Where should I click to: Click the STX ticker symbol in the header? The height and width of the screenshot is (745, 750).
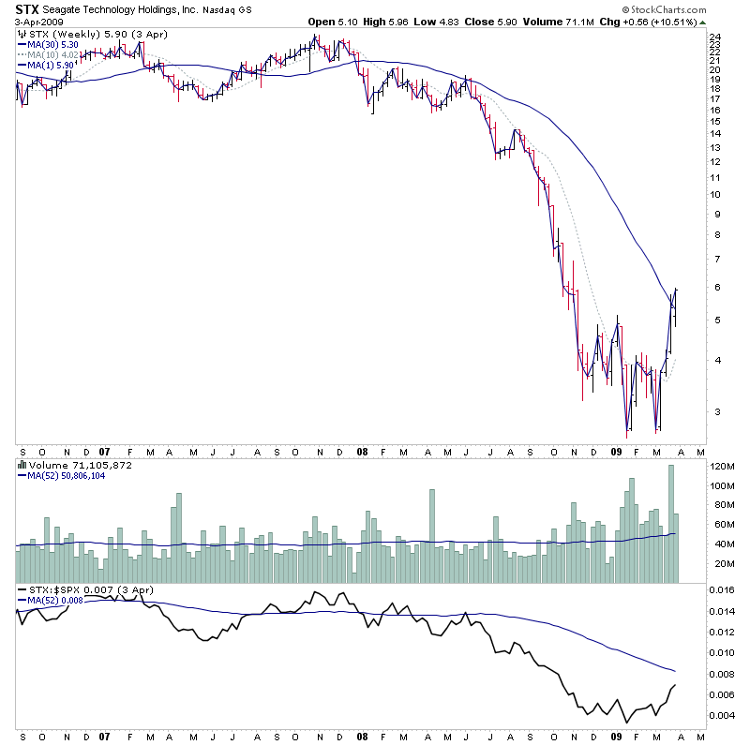pyautogui.click(x=27, y=9)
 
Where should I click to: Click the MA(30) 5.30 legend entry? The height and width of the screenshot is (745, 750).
pyautogui.click(x=51, y=44)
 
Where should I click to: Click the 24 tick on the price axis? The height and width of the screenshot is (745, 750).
pyautogui.click(x=715, y=37)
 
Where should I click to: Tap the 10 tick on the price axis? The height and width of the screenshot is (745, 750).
pyautogui.click(x=715, y=195)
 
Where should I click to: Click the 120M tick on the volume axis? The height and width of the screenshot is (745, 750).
pyautogui.click(x=722, y=466)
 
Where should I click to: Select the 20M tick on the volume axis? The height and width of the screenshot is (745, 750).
pyautogui.click(x=719, y=564)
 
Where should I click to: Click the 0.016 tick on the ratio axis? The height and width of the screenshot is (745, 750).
pyautogui.click(x=722, y=590)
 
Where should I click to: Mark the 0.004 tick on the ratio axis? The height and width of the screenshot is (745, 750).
pyautogui.click(x=722, y=716)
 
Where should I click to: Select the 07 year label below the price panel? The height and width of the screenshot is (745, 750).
pyautogui.click(x=105, y=451)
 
